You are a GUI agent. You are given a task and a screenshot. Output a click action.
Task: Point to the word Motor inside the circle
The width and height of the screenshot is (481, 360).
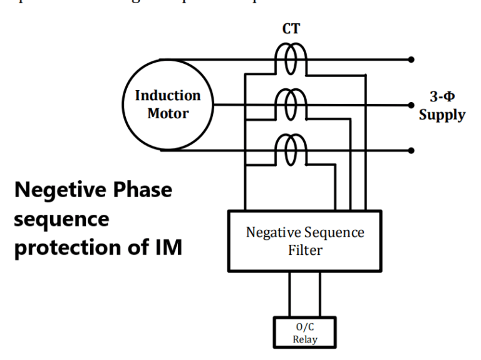point(167,115)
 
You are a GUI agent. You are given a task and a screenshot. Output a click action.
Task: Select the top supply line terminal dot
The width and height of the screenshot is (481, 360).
point(411,60)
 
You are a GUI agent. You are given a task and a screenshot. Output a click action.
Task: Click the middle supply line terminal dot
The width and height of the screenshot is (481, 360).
point(411,105)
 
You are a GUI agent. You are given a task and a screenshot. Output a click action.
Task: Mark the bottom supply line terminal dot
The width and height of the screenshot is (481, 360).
point(411,150)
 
